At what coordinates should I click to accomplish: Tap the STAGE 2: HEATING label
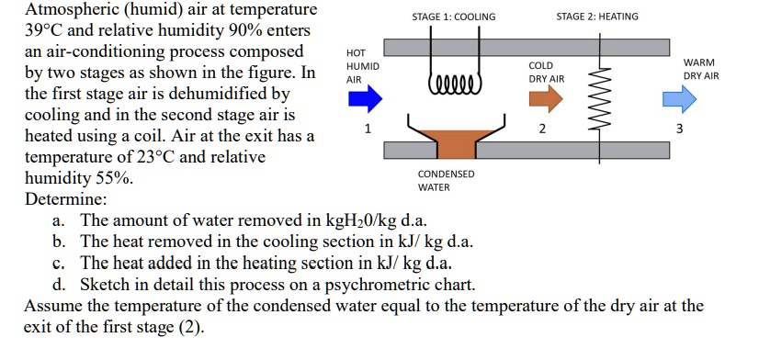597,17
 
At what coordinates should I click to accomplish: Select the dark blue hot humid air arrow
365,96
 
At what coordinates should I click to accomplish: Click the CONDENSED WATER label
446,180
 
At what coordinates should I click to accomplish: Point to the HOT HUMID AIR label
357,66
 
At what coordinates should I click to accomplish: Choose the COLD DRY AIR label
546,73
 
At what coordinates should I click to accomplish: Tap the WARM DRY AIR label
701,69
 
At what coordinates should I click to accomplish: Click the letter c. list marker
59,264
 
